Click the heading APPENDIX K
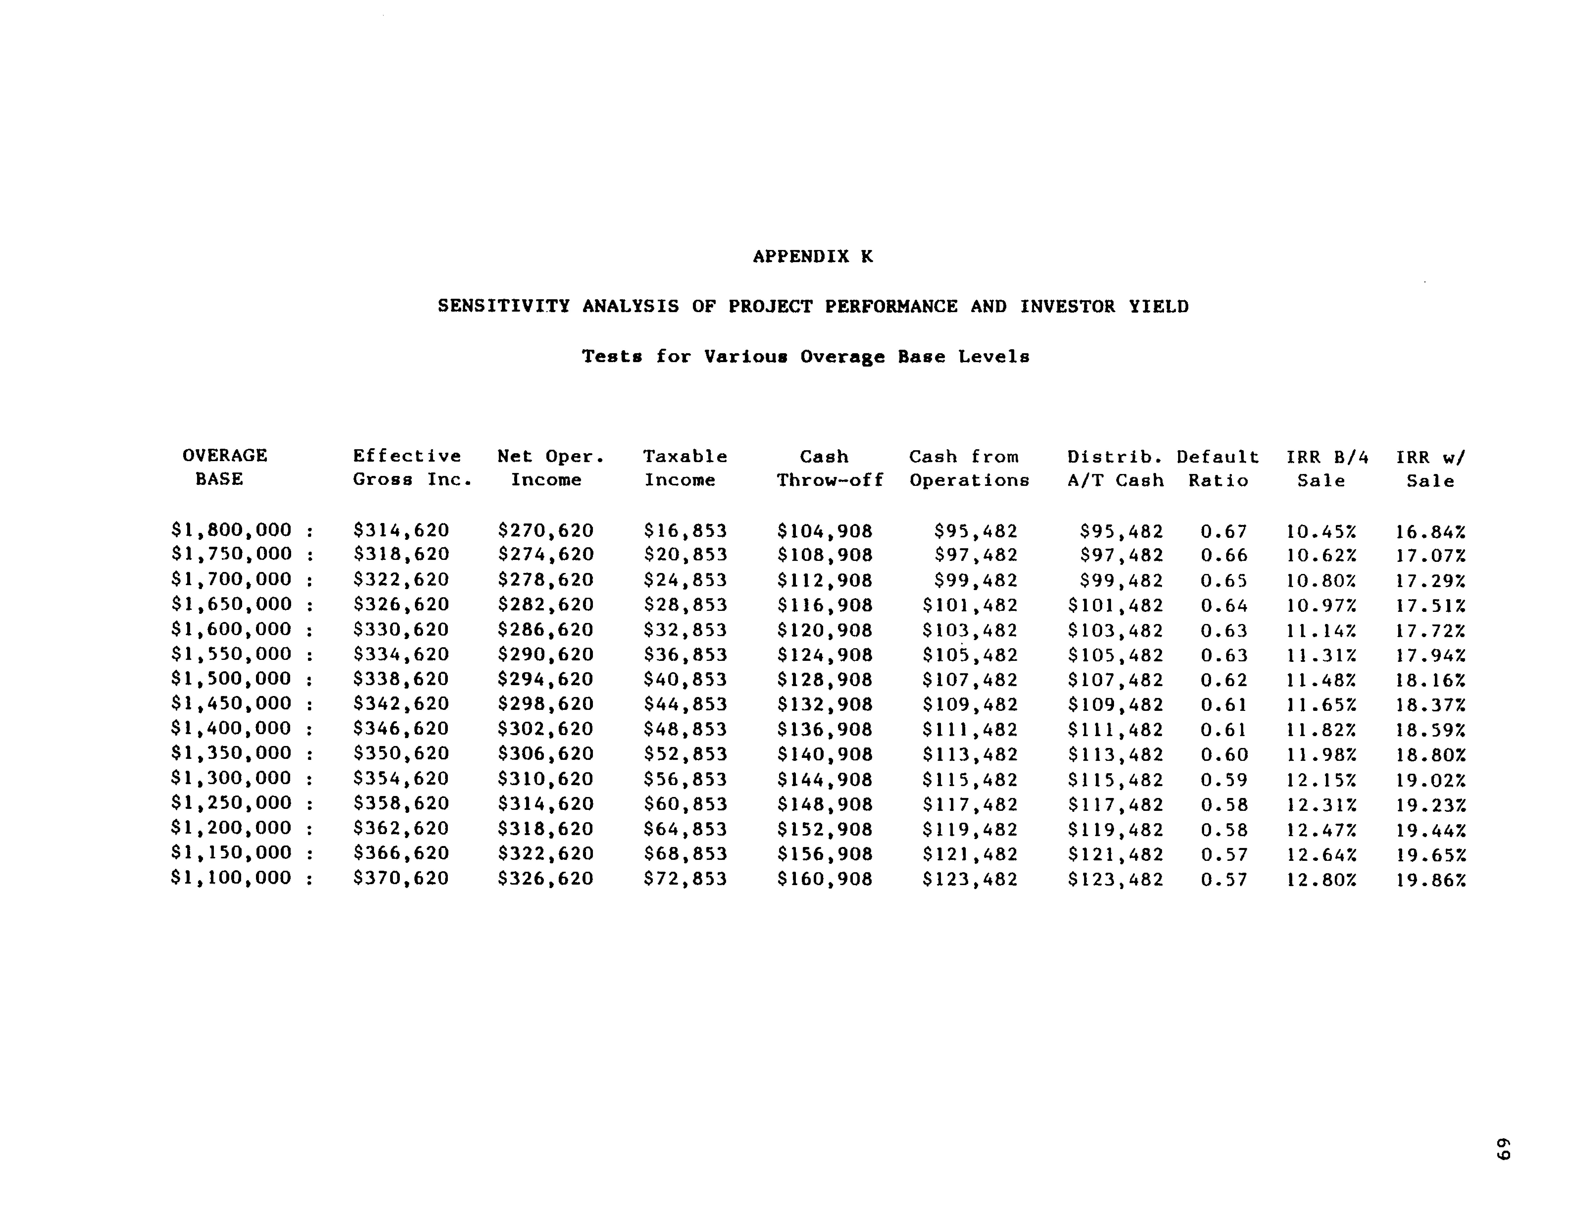click(813, 257)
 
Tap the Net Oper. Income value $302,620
click(546, 729)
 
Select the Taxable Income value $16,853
click(685, 531)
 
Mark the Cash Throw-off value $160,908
click(825, 879)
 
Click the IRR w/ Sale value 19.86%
click(1430, 879)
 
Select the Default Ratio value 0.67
click(1224, 532)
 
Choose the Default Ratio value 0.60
click(1224, 755)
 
